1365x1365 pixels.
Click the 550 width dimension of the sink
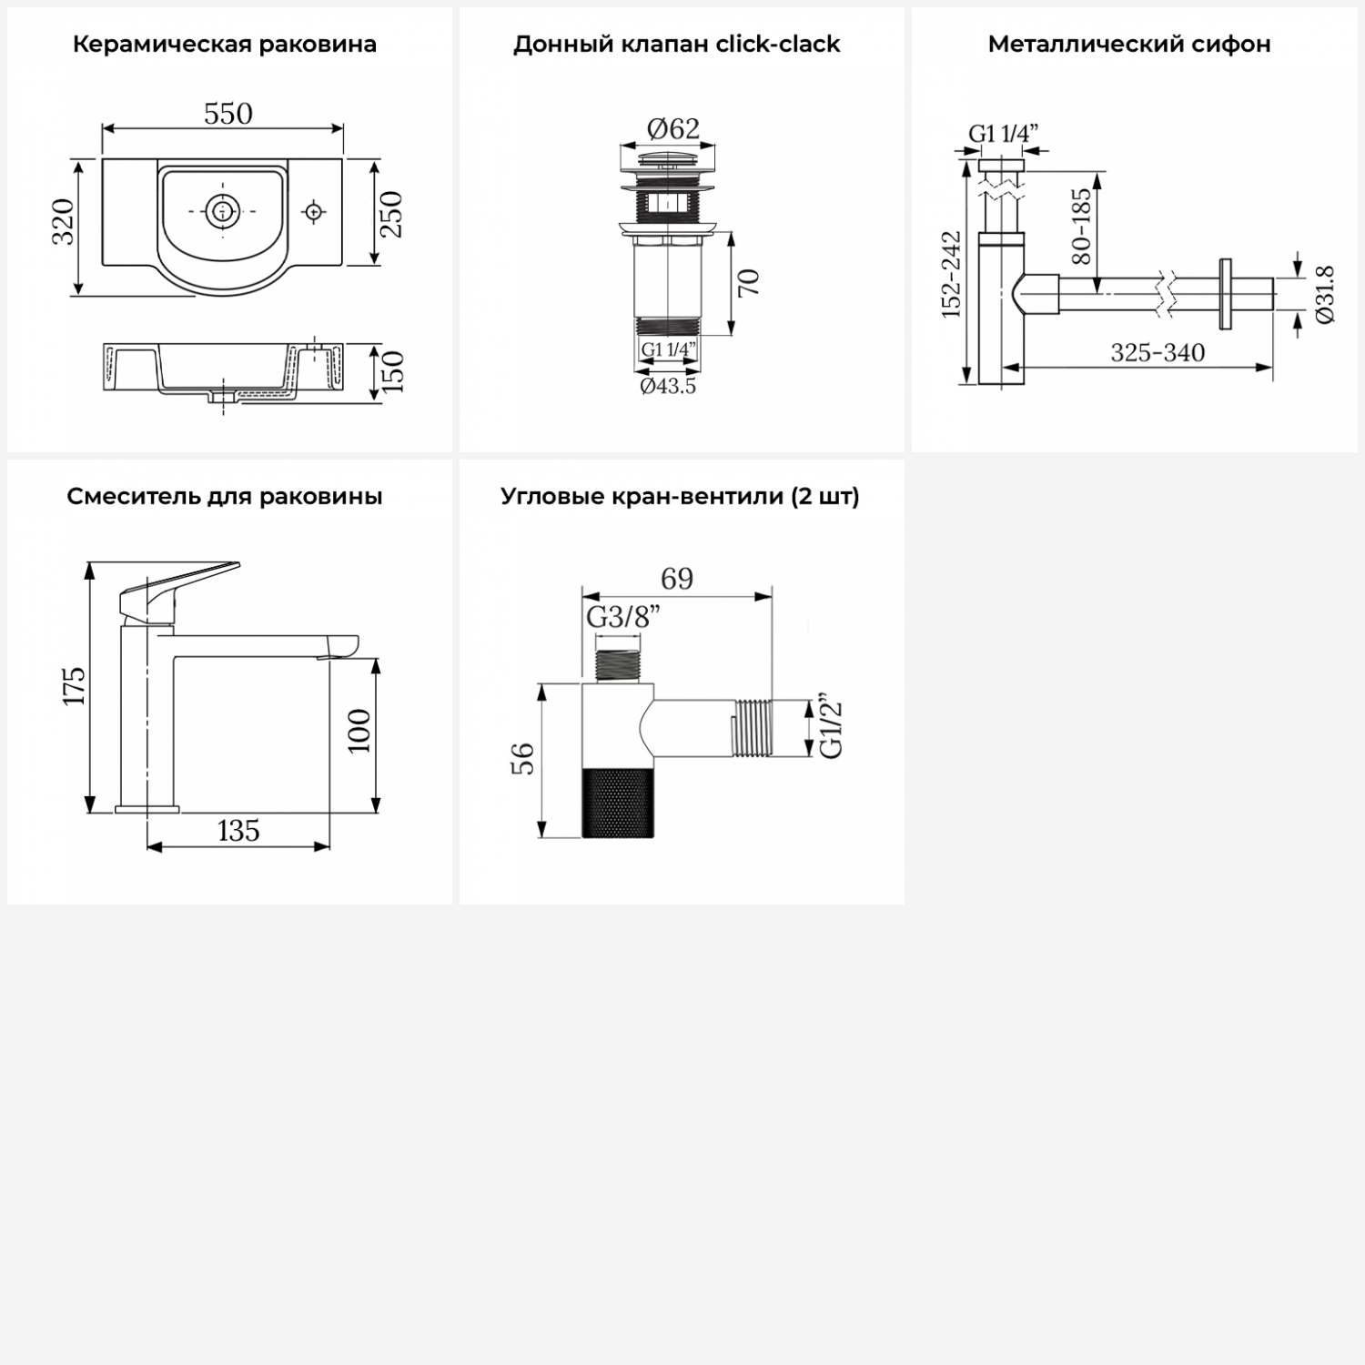coord(228,114)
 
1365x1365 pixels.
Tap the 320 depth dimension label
coord(63,221)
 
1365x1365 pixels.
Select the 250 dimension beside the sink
coord(390,214)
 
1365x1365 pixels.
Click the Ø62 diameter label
coord(673,129)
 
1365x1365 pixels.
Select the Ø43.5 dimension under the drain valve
coord(668,386)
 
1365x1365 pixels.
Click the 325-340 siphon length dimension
coord(1158,352)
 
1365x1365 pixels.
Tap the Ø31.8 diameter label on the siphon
coord(1324,294)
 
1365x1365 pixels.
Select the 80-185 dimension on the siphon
coord(1081,227)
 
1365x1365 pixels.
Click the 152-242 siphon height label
coord(951,275)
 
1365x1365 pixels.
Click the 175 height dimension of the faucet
coord(74,685)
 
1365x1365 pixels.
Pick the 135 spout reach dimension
coord(238,830)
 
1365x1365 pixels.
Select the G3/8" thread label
coord(623,617)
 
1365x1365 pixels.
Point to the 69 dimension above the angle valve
coord(677,579)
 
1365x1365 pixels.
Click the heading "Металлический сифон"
coord(1129,44)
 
